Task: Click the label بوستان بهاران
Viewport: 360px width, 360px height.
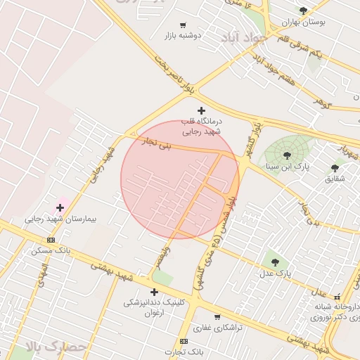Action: pos(304,22)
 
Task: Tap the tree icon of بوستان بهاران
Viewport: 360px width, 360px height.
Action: pos(303,11)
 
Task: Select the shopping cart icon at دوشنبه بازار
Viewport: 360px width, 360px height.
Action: pos(184,25)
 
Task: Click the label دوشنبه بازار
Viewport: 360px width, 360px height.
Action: pos(184,35)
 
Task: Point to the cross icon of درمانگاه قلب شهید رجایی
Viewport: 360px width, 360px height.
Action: pos(202,110)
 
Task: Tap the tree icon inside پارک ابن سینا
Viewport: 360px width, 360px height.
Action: pos(287,155)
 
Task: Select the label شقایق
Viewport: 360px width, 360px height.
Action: pos(335,179)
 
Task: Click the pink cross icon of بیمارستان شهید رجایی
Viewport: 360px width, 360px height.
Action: pos(60,207)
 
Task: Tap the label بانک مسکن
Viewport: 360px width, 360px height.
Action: pos(51,250)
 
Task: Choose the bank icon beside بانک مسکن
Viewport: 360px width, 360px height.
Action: pos(51,240)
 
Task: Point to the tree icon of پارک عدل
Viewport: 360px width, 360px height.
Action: pos(274,262)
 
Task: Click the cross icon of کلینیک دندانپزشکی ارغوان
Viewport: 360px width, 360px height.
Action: pos(154,292)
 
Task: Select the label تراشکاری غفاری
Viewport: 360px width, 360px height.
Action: pos(217,328)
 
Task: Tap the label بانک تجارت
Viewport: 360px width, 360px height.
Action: pos(184,352)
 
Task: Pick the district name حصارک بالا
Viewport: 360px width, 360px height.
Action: pos(56,346)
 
